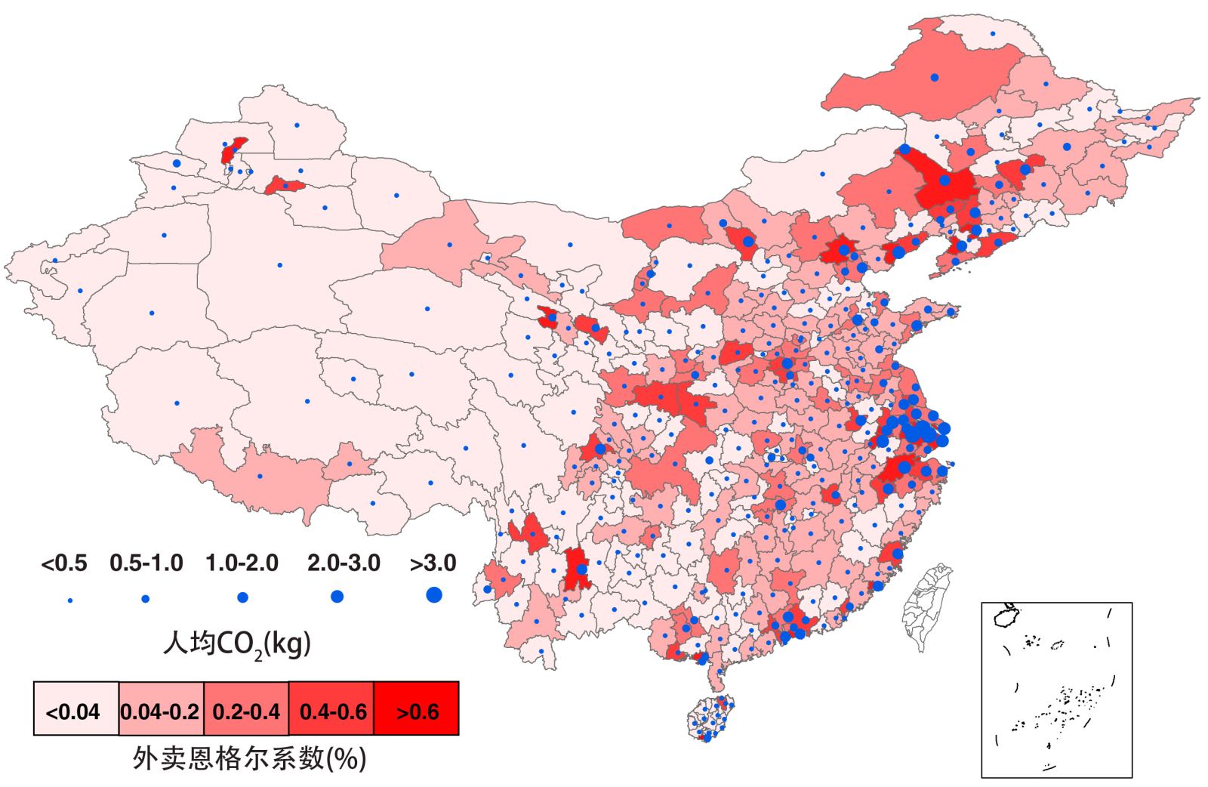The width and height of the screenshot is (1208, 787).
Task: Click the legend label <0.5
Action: pos(63,563)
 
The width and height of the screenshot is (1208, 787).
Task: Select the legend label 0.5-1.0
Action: pos(146,563)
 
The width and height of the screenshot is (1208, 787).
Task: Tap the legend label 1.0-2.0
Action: pos(242,563)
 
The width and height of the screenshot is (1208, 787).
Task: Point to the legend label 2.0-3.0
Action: pos(344,563)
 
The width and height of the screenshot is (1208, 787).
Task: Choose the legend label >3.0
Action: pos(433,563)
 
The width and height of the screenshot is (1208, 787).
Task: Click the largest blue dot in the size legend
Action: pos(433,595)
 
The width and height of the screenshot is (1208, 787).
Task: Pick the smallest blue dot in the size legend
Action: pos(70,600)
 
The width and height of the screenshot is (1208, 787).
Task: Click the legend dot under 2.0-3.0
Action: pos(337,597)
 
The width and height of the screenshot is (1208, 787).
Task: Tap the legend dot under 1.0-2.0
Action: pos(242,597)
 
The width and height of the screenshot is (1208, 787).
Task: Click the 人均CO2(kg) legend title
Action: pos(237,644)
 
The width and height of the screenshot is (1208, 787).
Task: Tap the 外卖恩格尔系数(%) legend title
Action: pos(249,758)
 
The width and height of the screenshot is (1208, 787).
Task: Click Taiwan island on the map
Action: pos(926,609)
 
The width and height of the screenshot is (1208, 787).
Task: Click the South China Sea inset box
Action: pos(1056,689)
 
